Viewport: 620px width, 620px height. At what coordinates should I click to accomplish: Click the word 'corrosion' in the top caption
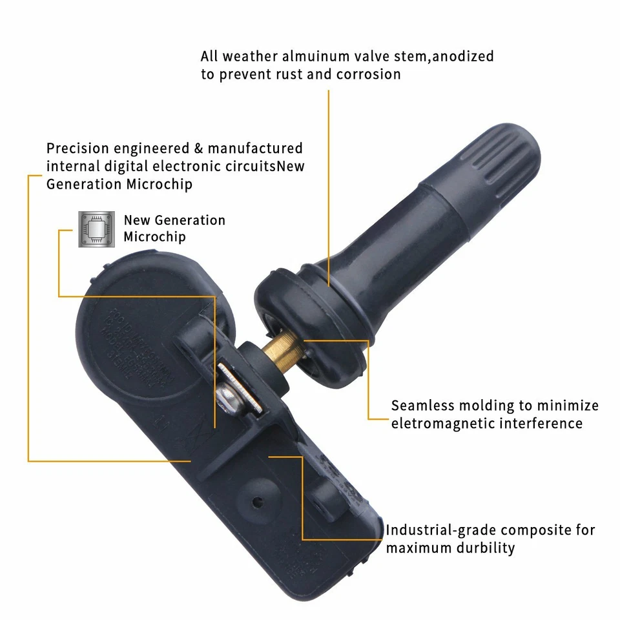click(368, 74)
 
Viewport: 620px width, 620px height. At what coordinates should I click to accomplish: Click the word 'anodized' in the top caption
click(462, 56)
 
